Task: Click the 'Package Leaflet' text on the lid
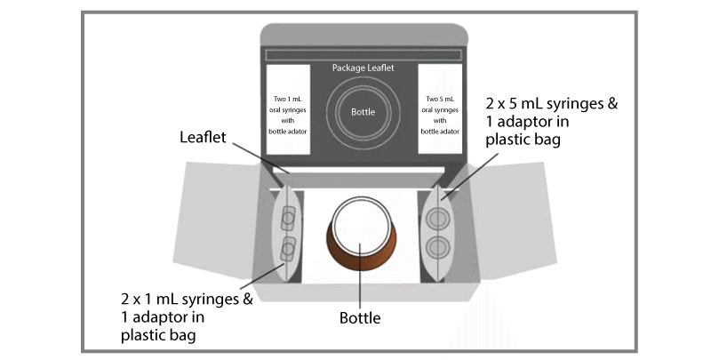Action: (x=363, y=68)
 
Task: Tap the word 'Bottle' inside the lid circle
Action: (x=363, y=112)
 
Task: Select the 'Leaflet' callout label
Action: (x=203, y=137)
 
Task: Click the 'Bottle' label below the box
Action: (x=360, y=318)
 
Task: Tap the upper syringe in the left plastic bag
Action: (x=288, y=219)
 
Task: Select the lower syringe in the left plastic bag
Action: (x=288, y=250)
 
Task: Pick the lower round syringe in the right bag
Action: (x=436, y=248)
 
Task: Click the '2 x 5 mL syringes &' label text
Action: (x=551, y=104)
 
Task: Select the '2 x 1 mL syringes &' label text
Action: (x=187, y=300)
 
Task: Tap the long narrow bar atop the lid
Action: (x=363, y=55)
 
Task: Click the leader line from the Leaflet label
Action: (x=261, y=158)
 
